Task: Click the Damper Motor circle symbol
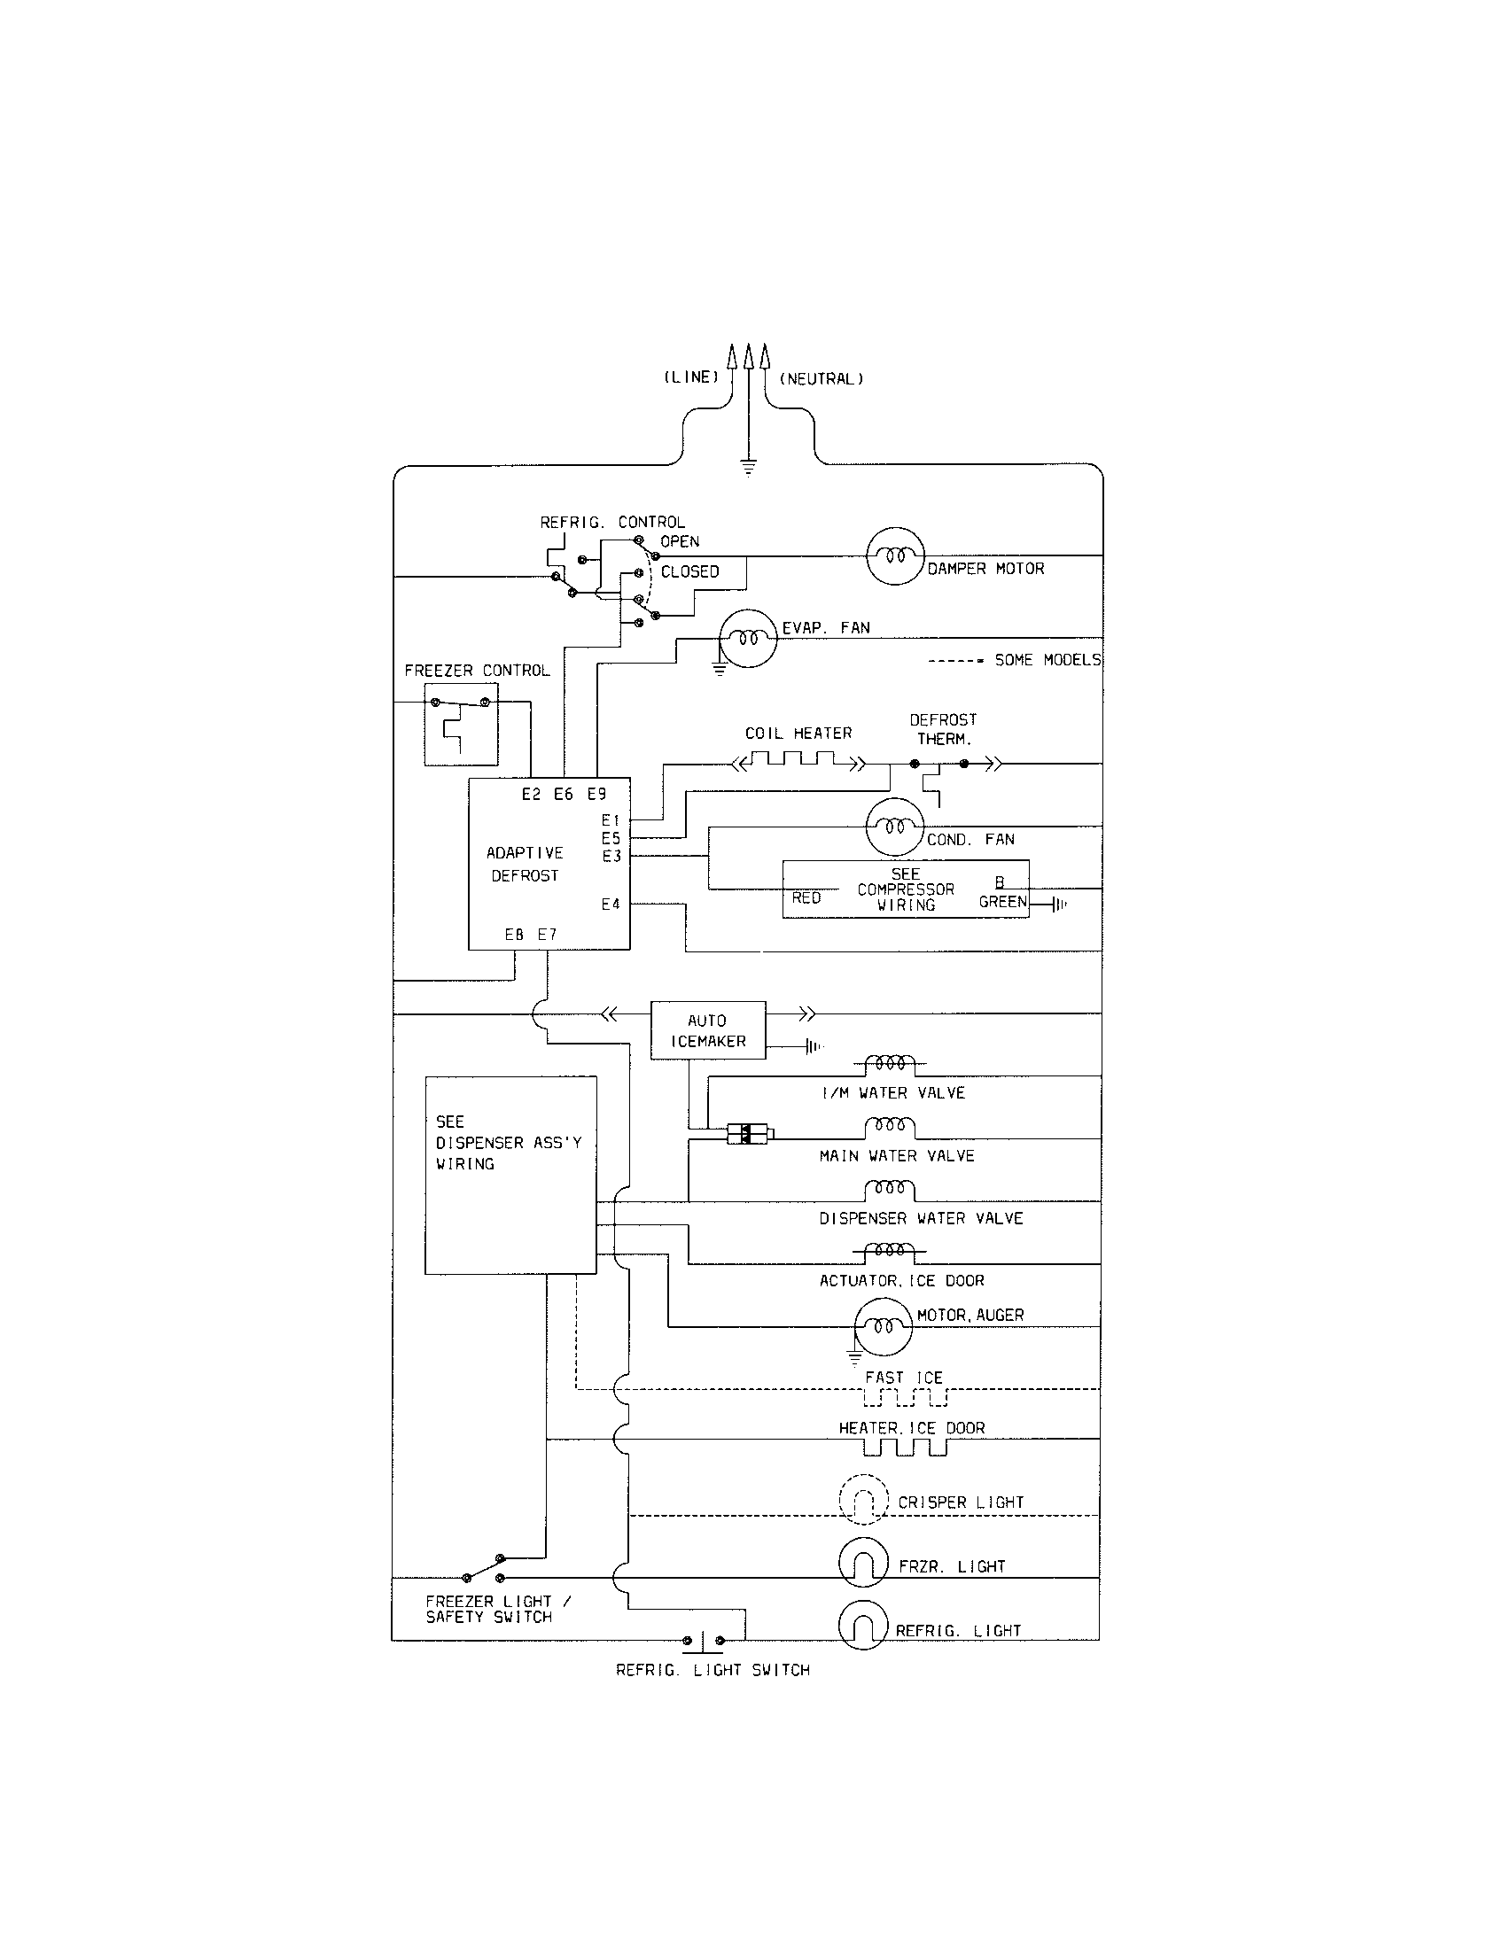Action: (894, 555)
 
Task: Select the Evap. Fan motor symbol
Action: (748, 639)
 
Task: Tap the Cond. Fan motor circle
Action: (894, 827)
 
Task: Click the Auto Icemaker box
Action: (708, 1029)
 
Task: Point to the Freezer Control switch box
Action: (461, 725)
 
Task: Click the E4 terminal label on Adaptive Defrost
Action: (611, 904)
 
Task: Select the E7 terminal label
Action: (547, 935)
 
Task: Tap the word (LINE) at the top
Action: (691, 377)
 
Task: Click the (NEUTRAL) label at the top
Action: (822, 379)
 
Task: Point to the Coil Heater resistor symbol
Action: (798, 761)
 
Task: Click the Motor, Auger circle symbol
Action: (884, 1327)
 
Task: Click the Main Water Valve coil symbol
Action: (890, 1128)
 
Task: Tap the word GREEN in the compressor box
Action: (1002, 901)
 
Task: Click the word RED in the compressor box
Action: (806, 897)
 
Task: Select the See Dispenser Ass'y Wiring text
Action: (508, 1142)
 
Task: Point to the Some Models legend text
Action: (1046, 660)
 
